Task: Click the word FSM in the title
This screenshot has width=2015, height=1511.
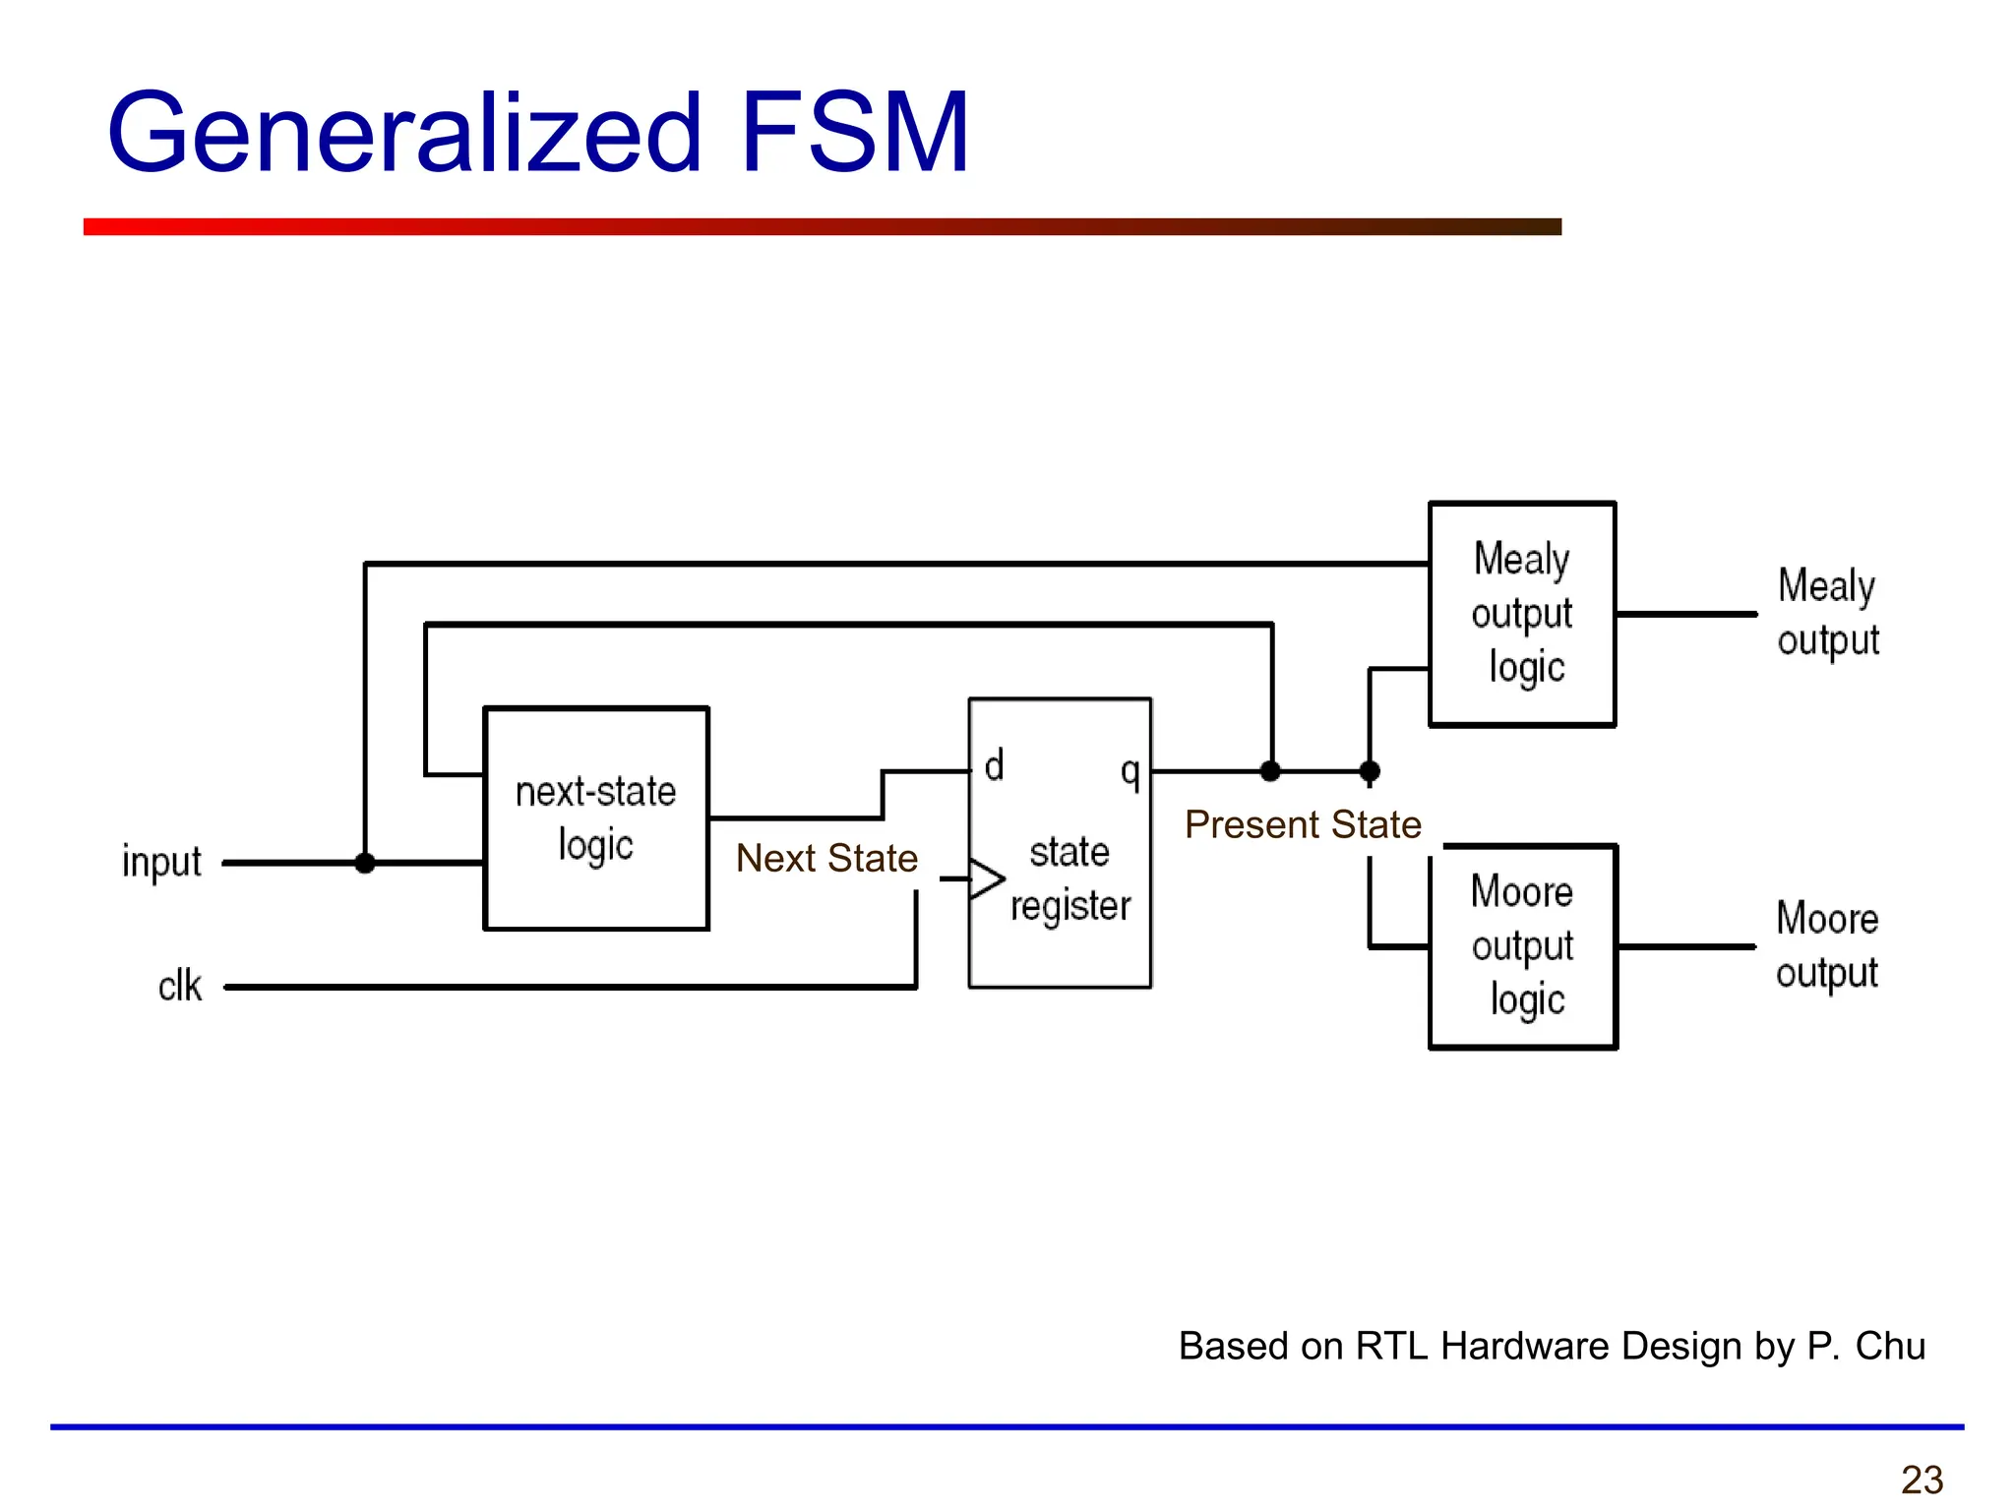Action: (x=854, y=133)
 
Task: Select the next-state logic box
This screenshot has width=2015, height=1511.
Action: (x=596, y=818)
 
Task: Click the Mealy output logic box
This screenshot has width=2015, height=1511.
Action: (x=1521, y=614)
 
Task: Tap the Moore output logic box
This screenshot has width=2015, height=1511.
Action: (x=1522, y=946)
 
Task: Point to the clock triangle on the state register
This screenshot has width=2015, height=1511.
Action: (x=986, y=878)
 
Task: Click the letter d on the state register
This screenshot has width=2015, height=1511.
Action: (x=994, y=764)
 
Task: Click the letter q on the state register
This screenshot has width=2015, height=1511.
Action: (x=1130, y=771)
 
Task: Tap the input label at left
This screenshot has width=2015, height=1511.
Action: (x=161, y=863)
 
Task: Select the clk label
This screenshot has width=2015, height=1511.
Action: (x=180, y=986)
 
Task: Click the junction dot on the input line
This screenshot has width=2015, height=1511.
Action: (x=365, y=863)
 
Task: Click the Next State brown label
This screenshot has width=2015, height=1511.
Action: (x=826, y=858)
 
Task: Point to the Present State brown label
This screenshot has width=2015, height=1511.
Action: (x=1303, y=824)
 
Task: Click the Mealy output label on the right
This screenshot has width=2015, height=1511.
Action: (x=1827, y=612)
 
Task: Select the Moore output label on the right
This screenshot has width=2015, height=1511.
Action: (x=1827, y=944)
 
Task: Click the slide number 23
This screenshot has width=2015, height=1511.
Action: (x=1922, y=1480)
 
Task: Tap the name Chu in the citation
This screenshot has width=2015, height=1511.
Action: (x=1890, y=1346)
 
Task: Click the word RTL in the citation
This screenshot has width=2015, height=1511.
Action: (x=1391, y=1346)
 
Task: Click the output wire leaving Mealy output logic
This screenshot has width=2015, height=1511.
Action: (x=1686, y=614)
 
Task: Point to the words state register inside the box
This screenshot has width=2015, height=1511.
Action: (x=1070, y=878)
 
